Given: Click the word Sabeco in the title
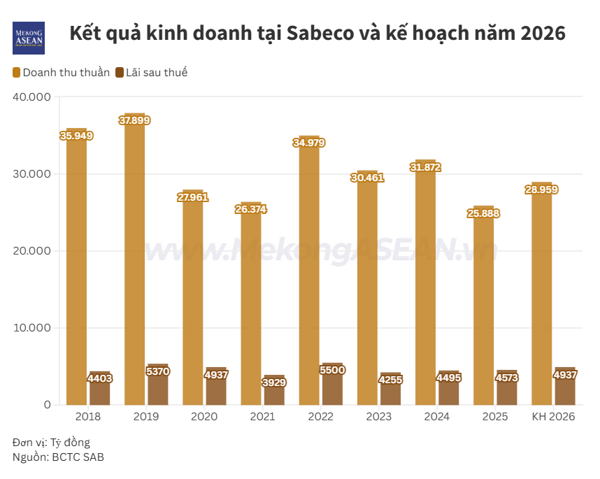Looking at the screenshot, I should click(328, 34).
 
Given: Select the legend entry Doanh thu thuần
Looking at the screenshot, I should click(61, 72).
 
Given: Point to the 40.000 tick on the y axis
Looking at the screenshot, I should click(32, 97).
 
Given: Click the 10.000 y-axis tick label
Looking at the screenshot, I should click(32, 328).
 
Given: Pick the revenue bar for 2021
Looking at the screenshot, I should click(250, 308).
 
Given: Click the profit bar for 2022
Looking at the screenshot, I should click(331, 389).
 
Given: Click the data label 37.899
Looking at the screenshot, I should click(134, 120).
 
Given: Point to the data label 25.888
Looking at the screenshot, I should click(483, 213).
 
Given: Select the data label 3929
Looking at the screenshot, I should click(273, 383).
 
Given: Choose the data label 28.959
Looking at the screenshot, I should click(541, 190).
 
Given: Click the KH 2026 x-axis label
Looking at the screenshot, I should click(553, 417).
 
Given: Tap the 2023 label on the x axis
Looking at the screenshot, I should click(378, 417).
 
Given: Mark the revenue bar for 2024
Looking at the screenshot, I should click(425, 287).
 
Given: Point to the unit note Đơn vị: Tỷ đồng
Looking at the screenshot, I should click(51, 443).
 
